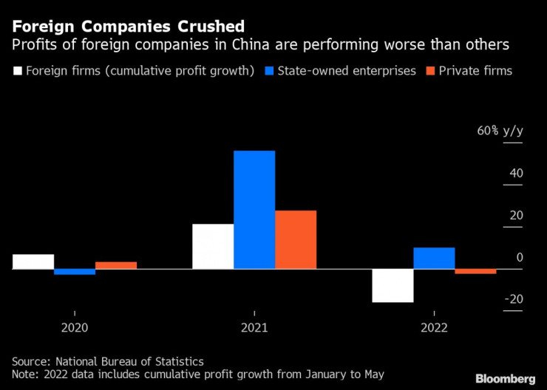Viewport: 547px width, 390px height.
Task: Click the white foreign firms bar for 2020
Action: (x=33, y=261)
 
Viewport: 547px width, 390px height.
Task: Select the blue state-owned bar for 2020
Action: (x=75, y=272)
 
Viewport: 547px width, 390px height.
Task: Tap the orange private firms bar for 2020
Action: (x=116, y=265)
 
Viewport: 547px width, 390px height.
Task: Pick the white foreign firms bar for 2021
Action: (x=213, y=247)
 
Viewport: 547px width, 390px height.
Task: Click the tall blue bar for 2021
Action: (x=254, y=210)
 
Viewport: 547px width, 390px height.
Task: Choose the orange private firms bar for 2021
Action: (x=296, y=240)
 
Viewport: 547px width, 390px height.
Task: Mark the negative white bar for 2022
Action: (x=393, y=286)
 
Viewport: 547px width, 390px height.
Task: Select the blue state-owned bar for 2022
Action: (x=434, y=259)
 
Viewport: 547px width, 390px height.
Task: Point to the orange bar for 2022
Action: (x=475, y=272)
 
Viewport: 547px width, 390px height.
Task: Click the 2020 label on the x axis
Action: (x=75, y=327)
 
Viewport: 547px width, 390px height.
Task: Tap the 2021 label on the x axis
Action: (x=254, y=327)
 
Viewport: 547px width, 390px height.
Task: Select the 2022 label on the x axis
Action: (x=434, y=327)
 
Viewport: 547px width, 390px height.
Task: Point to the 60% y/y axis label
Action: (x=500, y=131)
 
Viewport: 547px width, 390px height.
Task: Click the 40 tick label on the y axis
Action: (x=515, y=174)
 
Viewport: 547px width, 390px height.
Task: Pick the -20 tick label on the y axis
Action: (x=514, y=299)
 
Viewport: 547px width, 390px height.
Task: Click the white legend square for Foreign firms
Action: (x=18, y=72)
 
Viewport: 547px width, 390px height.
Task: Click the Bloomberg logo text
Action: (x=506, y=378)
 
